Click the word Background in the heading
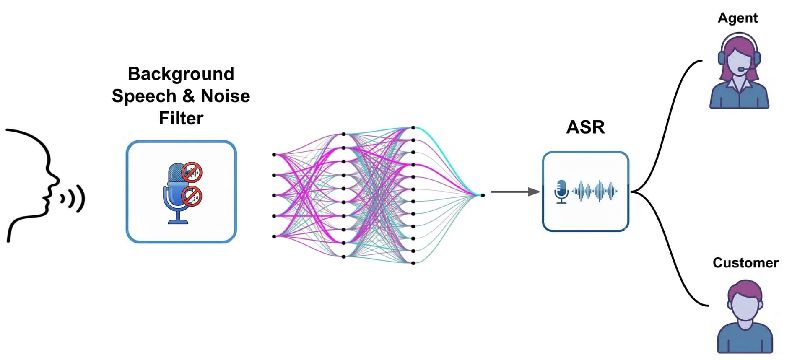point(181,74)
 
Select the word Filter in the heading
point(181,118)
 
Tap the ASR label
point(585,127)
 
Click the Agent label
point(737,18)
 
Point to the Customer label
point(745,263)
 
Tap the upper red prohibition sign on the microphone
point(192,172)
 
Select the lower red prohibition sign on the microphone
point(192,196)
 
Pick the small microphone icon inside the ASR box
point(561,192)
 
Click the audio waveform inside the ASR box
point(595,191)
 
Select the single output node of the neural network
point(483,195)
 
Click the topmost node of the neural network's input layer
point(274,155)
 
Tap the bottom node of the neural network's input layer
point(274,236)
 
